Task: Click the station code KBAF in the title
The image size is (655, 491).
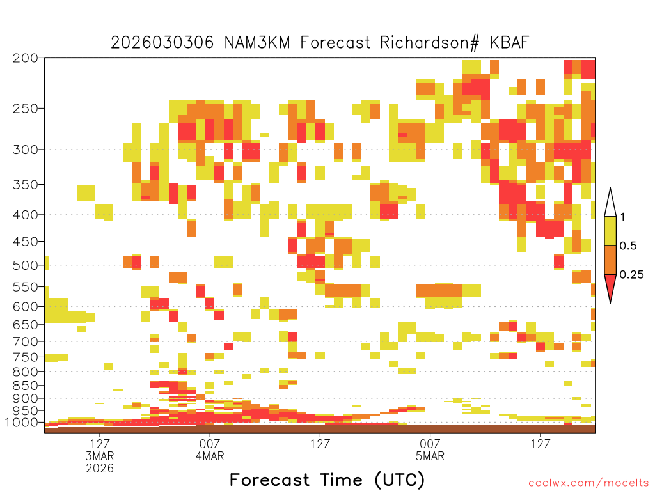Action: [509, 43]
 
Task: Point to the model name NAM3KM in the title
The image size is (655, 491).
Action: [257, 43]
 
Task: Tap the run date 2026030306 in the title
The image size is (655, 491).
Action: [162, 43]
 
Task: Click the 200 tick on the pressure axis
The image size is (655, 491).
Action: [26, 58]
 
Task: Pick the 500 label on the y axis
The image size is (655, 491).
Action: [26, 265]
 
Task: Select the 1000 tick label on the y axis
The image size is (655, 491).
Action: [22, 423]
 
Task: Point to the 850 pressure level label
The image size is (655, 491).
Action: [26, 385]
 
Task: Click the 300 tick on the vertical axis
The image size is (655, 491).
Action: [26, 150]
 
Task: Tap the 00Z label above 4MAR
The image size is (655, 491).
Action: [210, 444]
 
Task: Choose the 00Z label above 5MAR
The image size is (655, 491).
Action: [430, 444]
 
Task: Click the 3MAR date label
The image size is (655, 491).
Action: [100, 456]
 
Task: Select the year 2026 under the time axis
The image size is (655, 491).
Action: [100, 469]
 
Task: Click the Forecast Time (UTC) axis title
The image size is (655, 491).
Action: [327, 480]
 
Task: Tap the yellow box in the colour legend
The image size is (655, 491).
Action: [610, 231]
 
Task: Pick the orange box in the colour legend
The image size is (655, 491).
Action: [610, 260]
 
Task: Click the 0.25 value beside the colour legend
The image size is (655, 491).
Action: [631, 275]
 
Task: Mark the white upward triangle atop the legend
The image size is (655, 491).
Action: [610, 203]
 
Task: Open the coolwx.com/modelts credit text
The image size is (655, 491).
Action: [588, 483]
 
